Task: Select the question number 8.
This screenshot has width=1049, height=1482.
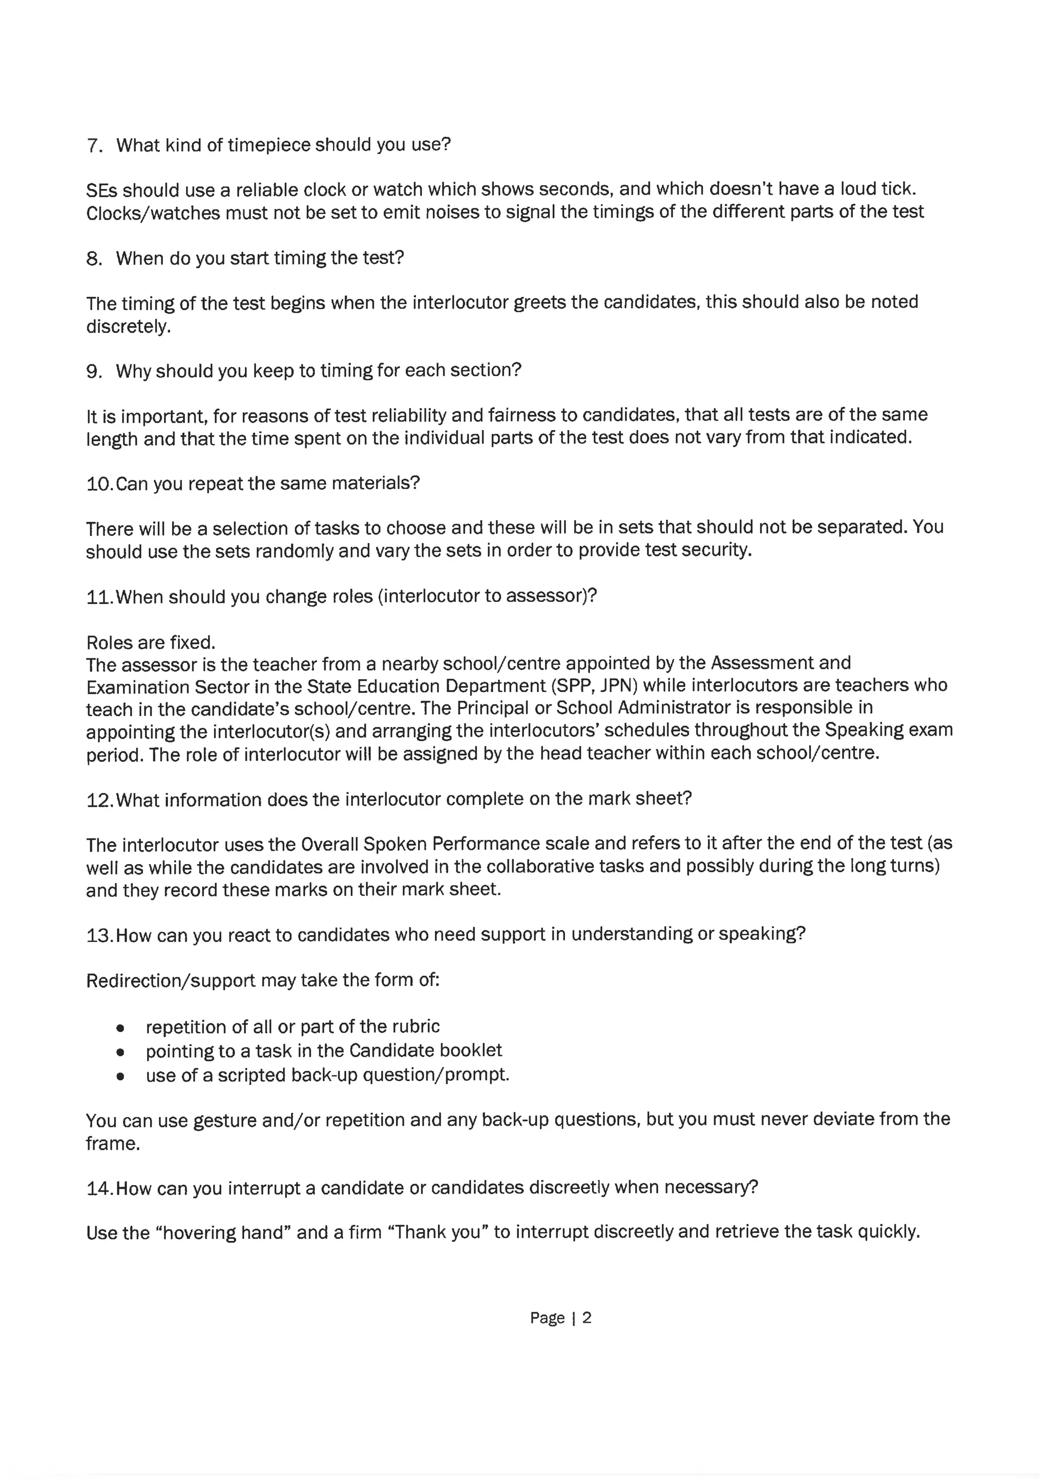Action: point(94,259)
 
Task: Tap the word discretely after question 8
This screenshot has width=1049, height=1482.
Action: point(128,327)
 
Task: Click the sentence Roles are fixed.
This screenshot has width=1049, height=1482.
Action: point(151,643)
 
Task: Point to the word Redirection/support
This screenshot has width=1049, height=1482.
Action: point(171,980)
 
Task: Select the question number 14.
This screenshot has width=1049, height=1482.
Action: point(99,1188)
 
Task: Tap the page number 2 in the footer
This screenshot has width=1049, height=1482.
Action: point(586,1318)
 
